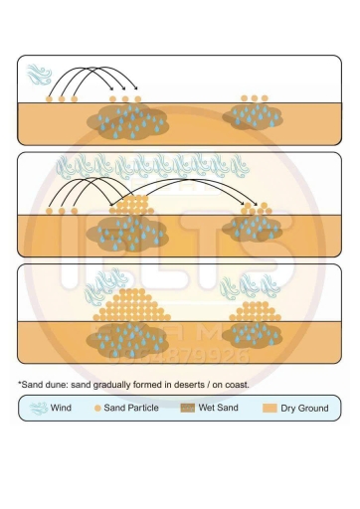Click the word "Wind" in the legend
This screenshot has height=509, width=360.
click(x=61, y=408)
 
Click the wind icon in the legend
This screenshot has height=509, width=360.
click(x=37, y=408)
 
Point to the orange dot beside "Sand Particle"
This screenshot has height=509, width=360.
click(x=96, y=408)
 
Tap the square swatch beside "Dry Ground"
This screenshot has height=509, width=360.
click(x=269, y=408)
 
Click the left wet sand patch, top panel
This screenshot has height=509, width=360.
click(x=128, y=122)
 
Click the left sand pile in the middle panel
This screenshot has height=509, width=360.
click(x=128, y=208)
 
